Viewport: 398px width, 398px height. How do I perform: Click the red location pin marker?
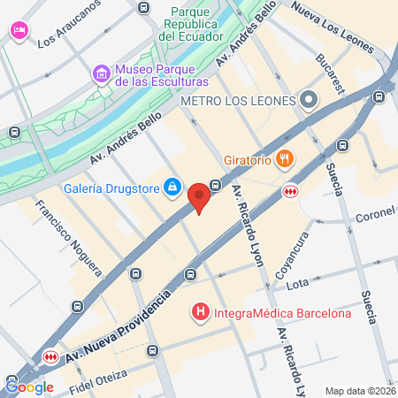200,196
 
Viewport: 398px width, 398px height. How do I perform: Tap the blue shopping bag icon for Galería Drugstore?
173,188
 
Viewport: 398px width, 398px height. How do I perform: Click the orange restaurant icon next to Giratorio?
285,159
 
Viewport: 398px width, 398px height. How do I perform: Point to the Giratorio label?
247,159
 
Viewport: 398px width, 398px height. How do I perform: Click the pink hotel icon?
18,31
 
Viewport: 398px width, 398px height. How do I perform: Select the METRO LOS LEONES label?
237,100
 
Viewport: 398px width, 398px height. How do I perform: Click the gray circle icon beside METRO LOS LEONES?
309,100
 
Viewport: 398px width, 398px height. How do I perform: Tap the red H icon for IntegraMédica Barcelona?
201,312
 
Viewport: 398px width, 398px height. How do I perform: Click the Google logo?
29,386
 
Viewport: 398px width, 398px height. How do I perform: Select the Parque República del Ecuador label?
195,25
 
